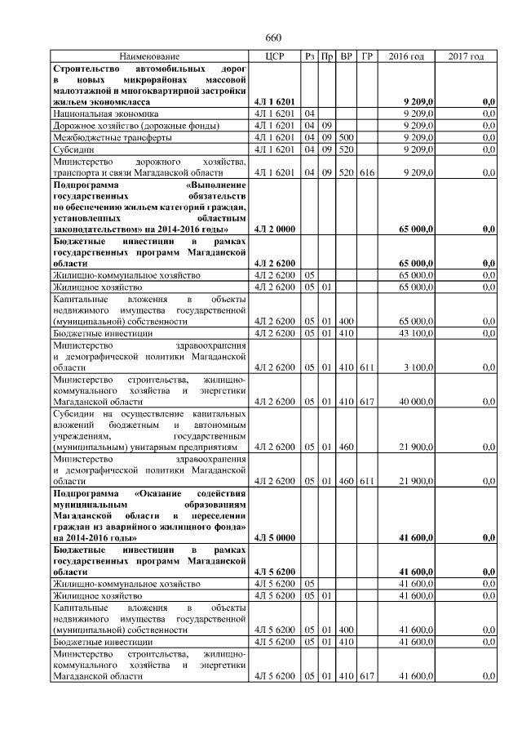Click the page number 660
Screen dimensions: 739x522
[272, 38]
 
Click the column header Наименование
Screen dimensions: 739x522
[150, 56]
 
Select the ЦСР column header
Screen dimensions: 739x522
[275, 56]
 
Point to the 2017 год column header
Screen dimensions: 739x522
[466, 56]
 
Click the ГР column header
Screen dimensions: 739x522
[368, 56]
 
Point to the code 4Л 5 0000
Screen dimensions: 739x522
[274, 538]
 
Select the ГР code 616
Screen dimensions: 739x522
[368, 173]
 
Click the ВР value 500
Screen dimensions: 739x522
[346, 138]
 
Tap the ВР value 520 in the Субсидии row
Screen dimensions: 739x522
[346, 150]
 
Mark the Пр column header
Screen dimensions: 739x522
[327, 56]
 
